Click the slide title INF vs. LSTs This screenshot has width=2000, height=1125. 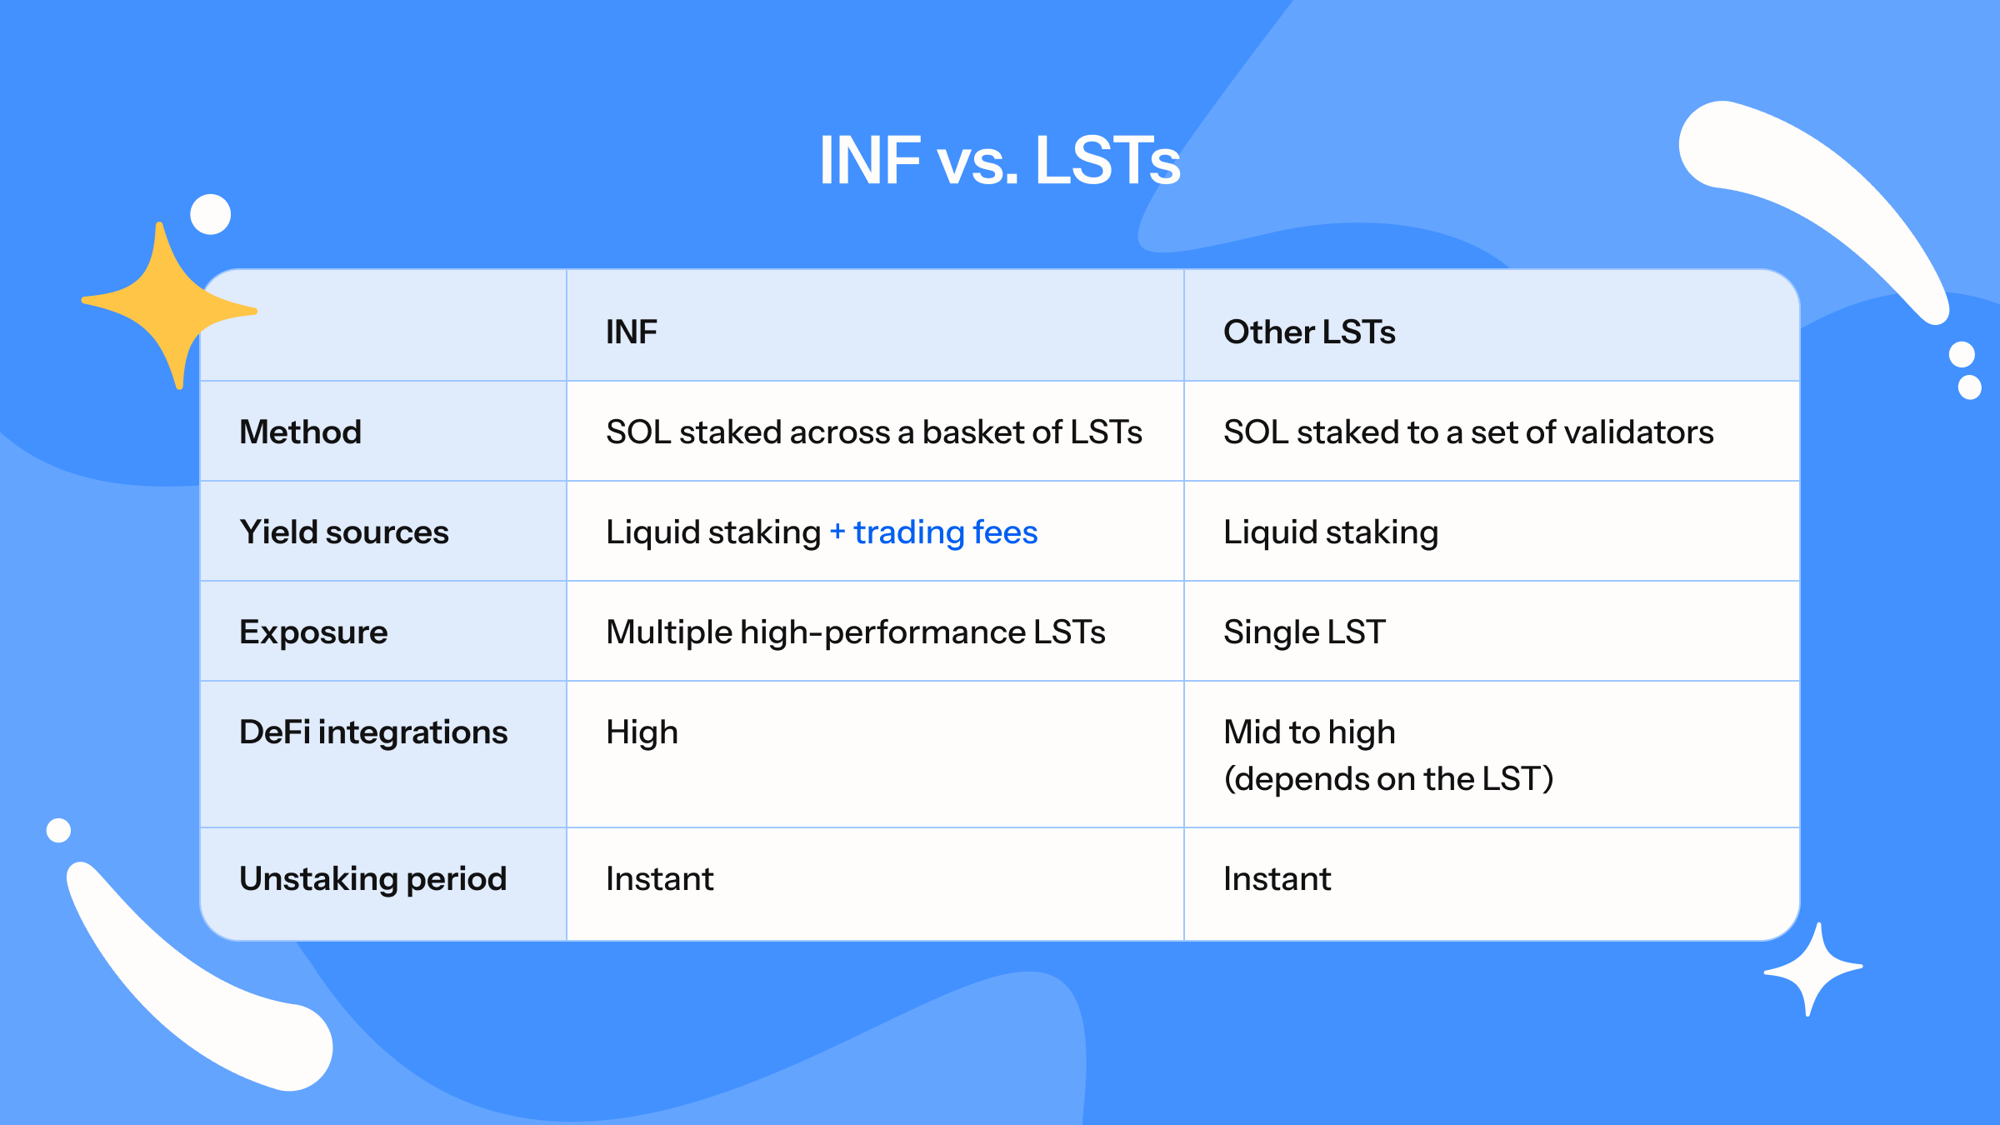(999, 160)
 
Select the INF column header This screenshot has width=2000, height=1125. (631, 332)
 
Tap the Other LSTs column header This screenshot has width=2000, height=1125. (1308, 332)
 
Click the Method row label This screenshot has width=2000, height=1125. (300, 432)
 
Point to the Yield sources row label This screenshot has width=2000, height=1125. (343, 532)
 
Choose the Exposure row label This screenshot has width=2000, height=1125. (313, 632)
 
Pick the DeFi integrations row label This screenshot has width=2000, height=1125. (372, 732)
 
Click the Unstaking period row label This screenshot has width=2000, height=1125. (372, 878)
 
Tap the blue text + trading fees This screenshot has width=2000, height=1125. (933, 532)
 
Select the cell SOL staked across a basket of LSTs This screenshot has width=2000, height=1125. (873, 432)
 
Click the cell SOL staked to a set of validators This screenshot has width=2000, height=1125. (1467, 432)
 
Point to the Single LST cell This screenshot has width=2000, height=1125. (1303, 632)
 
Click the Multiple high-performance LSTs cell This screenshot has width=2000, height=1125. (855, 632)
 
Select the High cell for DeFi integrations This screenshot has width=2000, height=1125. (642, 732)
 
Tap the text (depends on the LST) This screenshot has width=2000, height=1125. (1388, 778)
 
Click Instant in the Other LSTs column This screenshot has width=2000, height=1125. (1277, 878)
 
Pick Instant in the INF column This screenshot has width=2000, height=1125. (659, 878)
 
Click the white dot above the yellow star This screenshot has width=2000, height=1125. (210, 214)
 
